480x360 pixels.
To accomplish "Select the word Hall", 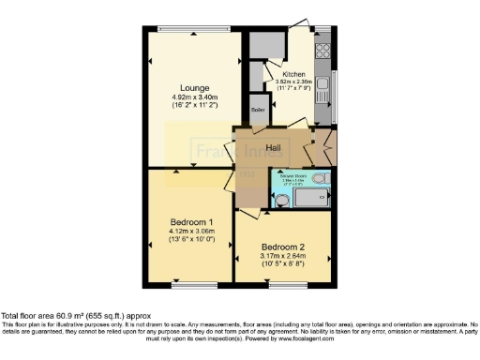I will tap(274, 148).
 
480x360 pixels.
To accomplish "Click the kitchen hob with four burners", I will tap(324, 52).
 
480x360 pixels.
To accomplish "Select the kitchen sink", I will tap(323, 90).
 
